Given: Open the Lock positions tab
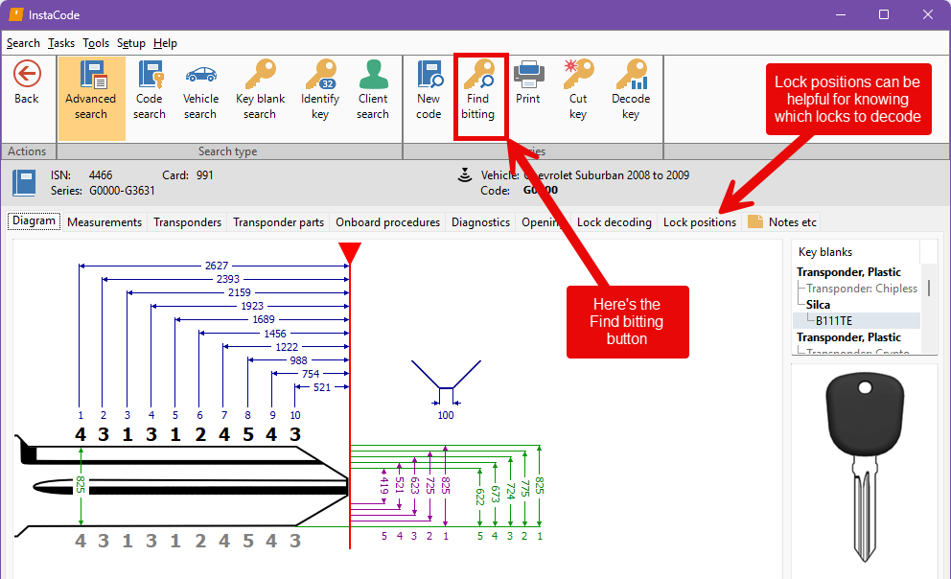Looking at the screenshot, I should coord(700,222).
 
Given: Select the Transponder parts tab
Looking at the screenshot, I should coord(279,222).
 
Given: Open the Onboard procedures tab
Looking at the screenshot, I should coord(387,222).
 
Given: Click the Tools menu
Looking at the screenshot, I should coord(96,43).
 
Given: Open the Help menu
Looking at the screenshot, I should coord(165,43).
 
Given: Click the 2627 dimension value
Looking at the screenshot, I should coord(216,266).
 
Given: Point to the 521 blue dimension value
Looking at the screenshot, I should coord(321,387).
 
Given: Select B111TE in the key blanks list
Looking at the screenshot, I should coord(833,321).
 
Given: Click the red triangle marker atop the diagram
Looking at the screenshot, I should coord(350,252).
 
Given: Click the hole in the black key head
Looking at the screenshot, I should coord(865,388).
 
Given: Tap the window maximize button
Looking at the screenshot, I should coord(884,14).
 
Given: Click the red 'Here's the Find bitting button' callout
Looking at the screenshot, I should coord(627,322).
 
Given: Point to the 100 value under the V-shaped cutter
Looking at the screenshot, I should coord(446,415).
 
